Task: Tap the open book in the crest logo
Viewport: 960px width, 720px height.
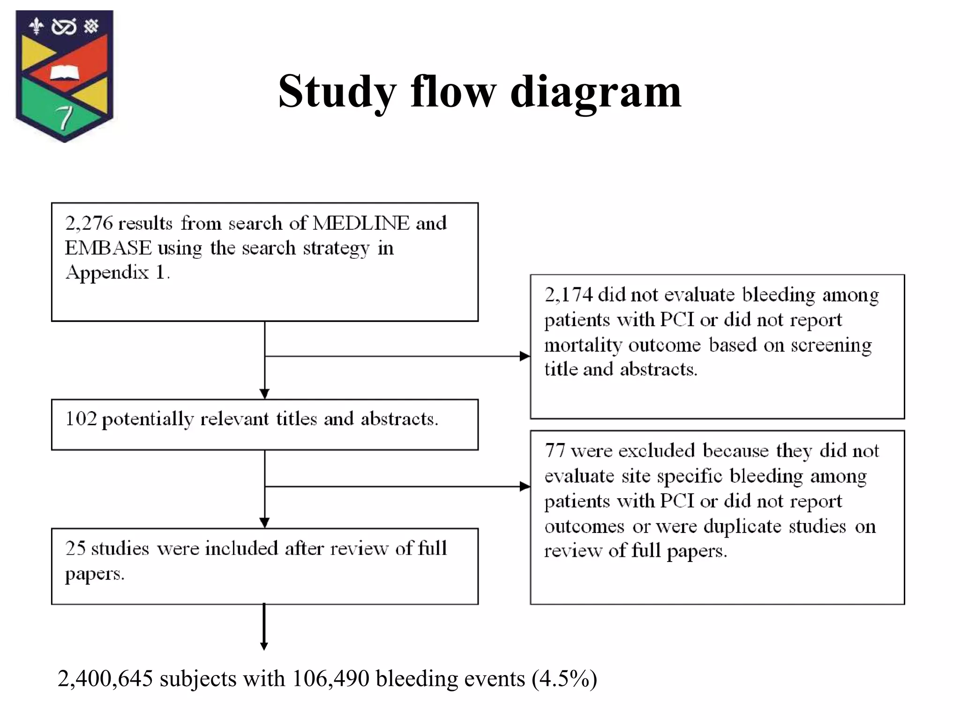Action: [x=65, y=73]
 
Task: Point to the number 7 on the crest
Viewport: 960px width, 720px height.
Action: [x=64, y=117]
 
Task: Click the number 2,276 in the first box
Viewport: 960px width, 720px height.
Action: [x=89, y=224]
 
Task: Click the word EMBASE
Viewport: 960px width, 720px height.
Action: [x=108, y=248]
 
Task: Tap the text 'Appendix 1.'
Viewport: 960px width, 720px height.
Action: [x=117, y=272]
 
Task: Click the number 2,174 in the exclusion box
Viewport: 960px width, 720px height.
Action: [x=568, y=295]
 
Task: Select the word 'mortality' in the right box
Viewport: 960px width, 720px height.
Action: [x=583, y=345]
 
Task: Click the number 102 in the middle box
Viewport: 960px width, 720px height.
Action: [x=81, y=419]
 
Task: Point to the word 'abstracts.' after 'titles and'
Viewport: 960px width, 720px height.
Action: [x=399, y=419]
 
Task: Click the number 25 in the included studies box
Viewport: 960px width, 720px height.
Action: [x=75, y=548]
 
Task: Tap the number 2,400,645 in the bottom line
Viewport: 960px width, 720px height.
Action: [x=105, y=679]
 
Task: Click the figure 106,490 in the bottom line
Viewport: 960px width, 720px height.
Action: [x=330, y=679]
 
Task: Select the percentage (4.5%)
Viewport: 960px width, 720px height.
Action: [x=564, y=679]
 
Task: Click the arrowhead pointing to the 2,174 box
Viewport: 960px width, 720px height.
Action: [x=525, y=356]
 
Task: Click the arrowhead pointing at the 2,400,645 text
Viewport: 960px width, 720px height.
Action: [x=264, y=646]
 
